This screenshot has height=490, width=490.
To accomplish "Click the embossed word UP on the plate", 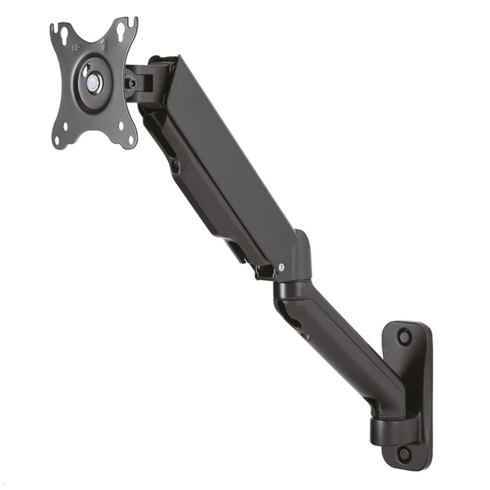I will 76,48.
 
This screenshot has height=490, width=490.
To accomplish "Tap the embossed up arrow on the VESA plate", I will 104,45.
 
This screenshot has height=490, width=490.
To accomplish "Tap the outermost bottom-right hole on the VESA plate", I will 131,140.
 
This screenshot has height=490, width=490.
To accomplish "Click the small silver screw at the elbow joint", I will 282,267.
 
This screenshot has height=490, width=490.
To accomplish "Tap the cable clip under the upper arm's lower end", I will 263,272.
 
